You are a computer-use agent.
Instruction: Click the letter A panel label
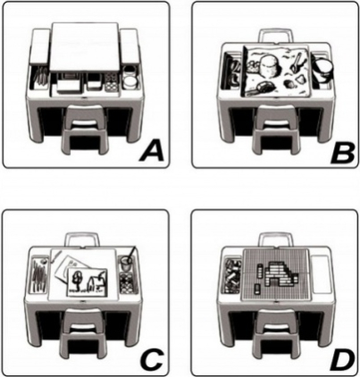click(x=152, y=151)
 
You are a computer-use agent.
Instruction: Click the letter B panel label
click(x=342, y=152)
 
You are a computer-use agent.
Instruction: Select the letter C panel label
click(x=152, y=359)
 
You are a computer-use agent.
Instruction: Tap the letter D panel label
click(x=341, y=359)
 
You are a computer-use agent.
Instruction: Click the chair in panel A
click(x=83, y=130)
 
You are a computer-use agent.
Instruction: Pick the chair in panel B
click(x=273, y=130)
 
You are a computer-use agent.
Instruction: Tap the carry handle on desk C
click(x=82, y=239)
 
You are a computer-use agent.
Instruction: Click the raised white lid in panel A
click(x=84, y=47)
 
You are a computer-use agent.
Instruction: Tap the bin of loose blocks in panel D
click(x=234, y=276)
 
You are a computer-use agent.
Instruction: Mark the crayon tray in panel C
click(x=40, y=275)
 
